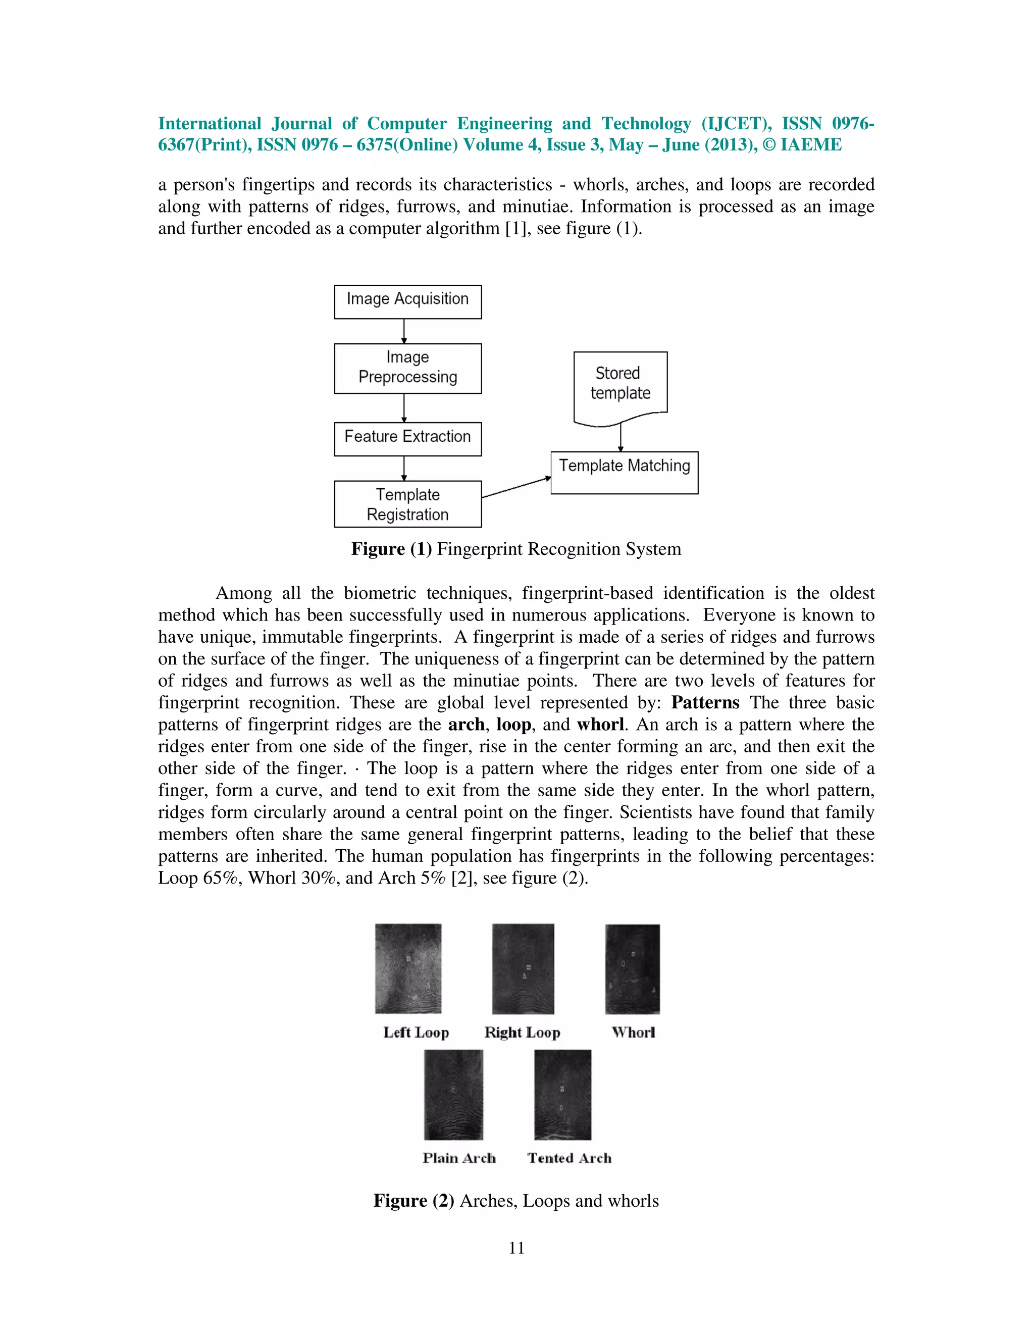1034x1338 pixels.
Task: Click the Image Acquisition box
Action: pyautogui.click(x=407, y=301)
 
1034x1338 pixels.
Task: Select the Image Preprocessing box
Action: pyautogui.click(x=407, y=368)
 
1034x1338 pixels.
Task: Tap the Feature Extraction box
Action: pyautogui.click(x=407, y=439)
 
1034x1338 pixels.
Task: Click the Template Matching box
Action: pyautogui.click(x=624, y=473)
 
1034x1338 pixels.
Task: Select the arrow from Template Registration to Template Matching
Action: pyautogui.click(x=516, y=488)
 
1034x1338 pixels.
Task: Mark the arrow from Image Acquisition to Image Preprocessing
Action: pyautogui.click(x=404, y=331)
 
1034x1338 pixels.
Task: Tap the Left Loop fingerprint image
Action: pyautogui.click(x=408, y=968)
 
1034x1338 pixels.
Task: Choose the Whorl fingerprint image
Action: pyautogui.click(x=632, y=968)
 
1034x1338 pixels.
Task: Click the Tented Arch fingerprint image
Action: pyautogui.click(x=562, y=1094)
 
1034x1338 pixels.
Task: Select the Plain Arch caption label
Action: pyautogui.click(x=459, y=1158)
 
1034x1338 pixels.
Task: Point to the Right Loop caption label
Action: pyautogui.click(x=522, y=1033)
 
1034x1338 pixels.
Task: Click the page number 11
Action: pyautogui.click(x=516, y=1248)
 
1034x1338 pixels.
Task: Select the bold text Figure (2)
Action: pyautogui.click(x=413, y=1201)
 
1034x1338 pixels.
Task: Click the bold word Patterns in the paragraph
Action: pyautogui.click(x=705, y=703)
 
